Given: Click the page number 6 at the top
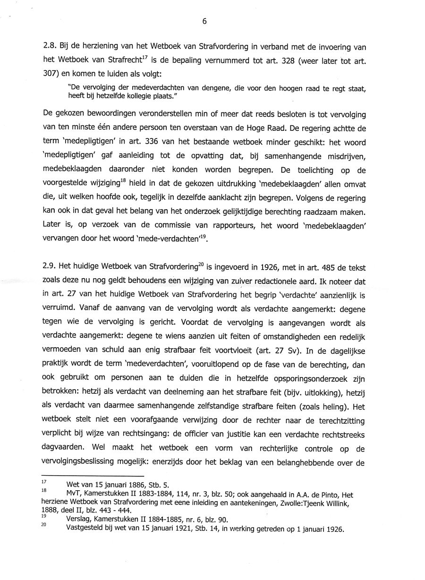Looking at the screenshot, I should (204, 21).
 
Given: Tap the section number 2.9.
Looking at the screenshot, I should (50, 268).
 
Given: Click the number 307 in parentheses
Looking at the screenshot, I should (50, 74).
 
